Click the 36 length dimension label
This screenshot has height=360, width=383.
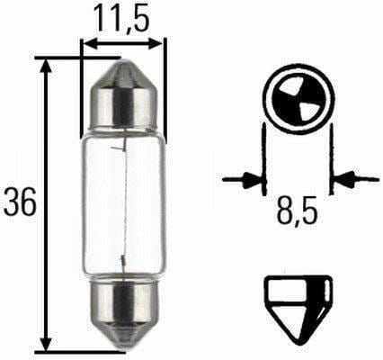[20, 203]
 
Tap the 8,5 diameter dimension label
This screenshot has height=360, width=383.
[298, 215]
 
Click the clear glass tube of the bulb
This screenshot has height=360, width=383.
[123, 202]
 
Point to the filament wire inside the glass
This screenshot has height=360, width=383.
[121, 202]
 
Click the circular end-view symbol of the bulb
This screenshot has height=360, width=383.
[297, 96]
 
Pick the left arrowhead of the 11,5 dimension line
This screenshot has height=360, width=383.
[87, 40]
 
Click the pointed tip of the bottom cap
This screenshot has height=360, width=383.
[123, 346]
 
